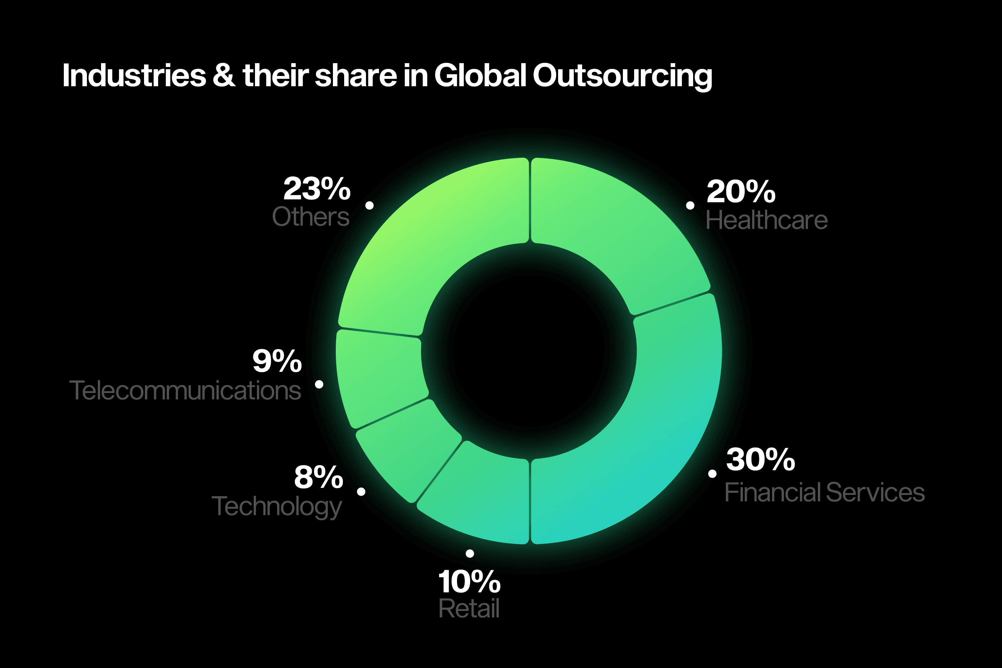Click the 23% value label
click(x=317, y=189)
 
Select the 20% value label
click(x=741, y=192)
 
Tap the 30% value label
click(x=760, y=460)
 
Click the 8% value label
click(x=318, y=477)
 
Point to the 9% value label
click(x=277, y=361)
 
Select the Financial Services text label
click(x=824, y=492)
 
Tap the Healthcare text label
click(x=766, y=220)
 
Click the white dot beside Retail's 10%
click(x=470, y=553)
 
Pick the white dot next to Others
click(x=369, y=205)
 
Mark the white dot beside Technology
click(x=361, y=492)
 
